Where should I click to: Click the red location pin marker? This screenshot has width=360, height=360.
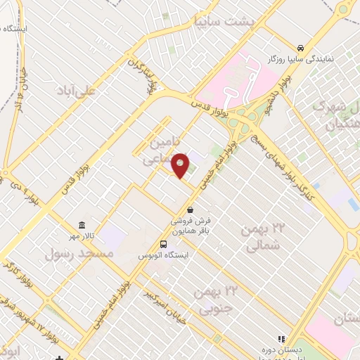click(x=181, y=165)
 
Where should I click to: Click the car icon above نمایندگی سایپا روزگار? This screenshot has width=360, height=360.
click(x=300, y=48)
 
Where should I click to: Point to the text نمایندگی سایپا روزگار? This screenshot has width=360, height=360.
click(x=309, y=61)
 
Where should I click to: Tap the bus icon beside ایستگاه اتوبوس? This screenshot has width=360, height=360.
click(x=164, y=243)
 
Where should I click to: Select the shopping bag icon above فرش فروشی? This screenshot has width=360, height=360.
click(x=191, y=210)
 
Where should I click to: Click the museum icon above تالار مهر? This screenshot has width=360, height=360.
click(x=83, y=225)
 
